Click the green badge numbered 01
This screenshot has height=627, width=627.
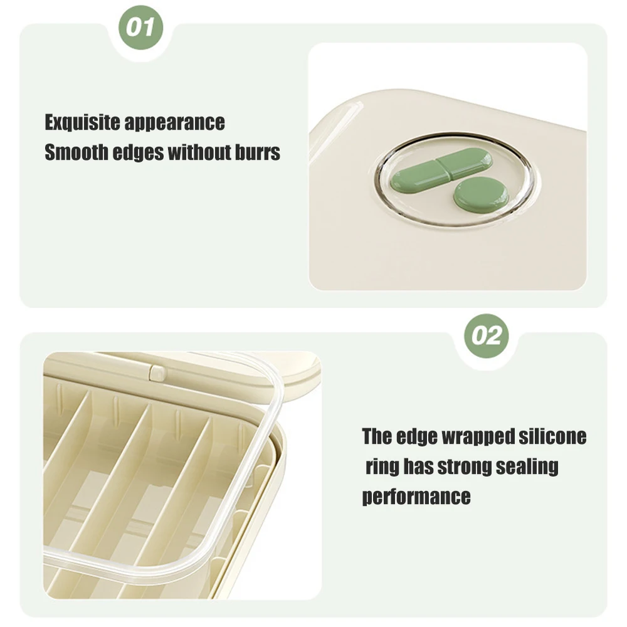click(140, 27)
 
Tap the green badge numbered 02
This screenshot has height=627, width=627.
click(487, 336)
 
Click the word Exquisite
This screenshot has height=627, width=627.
click(82, 122)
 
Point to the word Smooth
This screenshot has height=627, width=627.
click(76, 152)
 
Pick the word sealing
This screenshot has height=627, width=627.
click(527, 467)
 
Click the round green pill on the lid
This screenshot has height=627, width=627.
click(481, 196)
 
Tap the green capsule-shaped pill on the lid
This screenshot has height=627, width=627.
click(442, 171)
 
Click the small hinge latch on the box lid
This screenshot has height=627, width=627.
click(157, 372)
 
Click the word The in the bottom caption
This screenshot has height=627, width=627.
click(377, 436)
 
